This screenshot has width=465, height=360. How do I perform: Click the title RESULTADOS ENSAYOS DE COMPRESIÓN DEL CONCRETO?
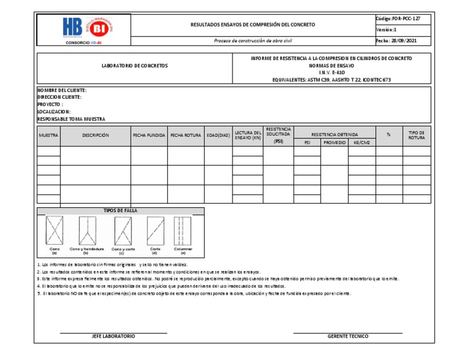[x=252, y=25]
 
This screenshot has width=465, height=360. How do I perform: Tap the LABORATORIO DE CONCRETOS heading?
[x=134, y=65]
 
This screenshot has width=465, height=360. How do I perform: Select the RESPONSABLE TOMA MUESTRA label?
[x=71, y=119]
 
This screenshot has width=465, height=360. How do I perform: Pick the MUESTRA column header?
[x=48, y=135]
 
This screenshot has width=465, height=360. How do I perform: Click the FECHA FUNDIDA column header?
[x=149, y=135]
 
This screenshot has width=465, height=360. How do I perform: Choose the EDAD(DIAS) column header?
[x=218, y=135]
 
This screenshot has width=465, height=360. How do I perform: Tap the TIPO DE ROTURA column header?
[x=417, y=135]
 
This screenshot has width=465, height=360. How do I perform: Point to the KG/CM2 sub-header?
[x=361, y=142]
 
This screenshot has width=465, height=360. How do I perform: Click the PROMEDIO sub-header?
[x=335, y=142]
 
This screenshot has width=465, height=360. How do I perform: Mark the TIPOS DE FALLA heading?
[x=120, y=210]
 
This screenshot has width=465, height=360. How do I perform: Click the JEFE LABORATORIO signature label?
[x=113, y=336]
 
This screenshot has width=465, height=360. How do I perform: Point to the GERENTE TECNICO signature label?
[x=348, y=336]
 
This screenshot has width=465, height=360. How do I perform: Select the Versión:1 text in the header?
[x=386, y=30]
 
